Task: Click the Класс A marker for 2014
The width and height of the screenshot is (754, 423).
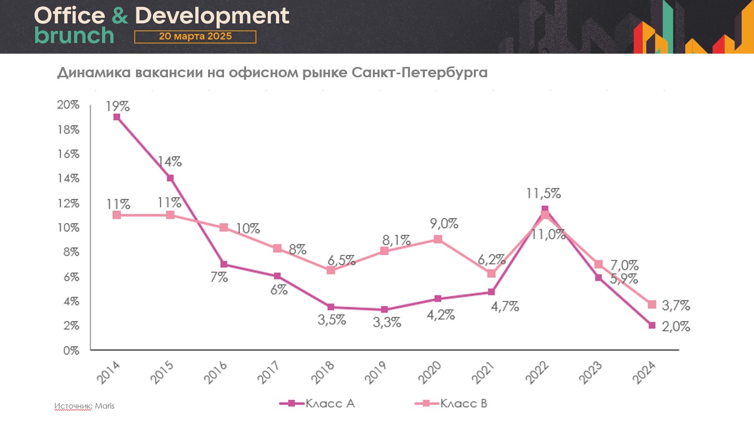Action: (x=117, y=117)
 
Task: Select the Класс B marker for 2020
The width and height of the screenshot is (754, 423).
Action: (x=438, y=239)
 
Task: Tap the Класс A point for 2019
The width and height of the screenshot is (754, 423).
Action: (x=384, y=310)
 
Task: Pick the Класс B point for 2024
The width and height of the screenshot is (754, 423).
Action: (x=652, y=304)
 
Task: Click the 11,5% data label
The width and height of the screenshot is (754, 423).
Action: (x=543, y=194)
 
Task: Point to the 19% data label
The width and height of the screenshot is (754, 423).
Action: (x=117, y=107)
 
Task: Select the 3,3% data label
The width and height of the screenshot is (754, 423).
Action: (x=387, y=323)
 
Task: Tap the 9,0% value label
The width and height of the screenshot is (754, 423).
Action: (x=444, y=224)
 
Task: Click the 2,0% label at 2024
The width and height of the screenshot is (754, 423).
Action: (x=676, y=327)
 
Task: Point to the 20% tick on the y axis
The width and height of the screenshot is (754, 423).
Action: (x=68, y=105)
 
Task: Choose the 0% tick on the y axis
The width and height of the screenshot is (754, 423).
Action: (x=71, y=350)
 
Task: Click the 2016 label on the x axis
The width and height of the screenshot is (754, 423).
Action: (x=215, y=372)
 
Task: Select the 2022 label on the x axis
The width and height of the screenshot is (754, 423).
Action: (x=537, y=372)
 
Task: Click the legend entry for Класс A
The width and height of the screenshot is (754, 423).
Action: (x=317, y=403)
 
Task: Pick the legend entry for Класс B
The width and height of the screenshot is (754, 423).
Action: (x=451, y=403)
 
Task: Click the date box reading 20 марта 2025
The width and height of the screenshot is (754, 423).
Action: (x=195, y=37)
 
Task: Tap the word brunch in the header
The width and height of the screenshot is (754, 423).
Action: (x=74, y=36)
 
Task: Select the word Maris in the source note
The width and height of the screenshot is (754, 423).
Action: (x=105, y=406)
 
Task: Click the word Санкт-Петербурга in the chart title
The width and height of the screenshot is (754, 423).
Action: (x=419, y=73)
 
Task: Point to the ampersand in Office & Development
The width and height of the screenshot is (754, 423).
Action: (x=119, y=15)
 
